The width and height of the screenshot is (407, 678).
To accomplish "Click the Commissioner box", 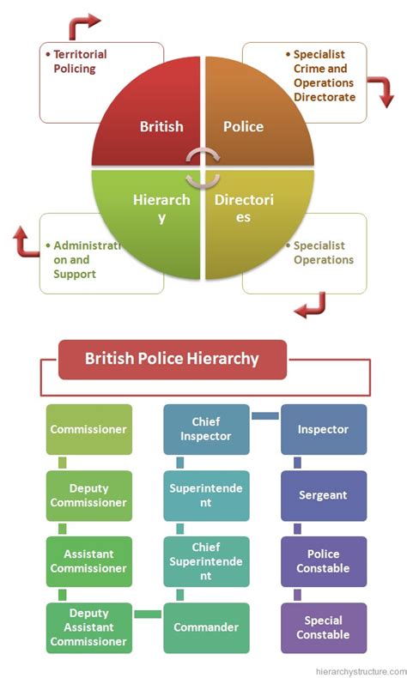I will [89, 429].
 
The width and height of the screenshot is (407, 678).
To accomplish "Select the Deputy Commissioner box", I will [89, 495].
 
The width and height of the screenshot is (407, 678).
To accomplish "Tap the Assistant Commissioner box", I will [89, 561].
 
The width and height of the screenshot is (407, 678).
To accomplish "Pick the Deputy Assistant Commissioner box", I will [89, 627].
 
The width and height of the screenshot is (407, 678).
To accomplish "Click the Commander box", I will [206, 627].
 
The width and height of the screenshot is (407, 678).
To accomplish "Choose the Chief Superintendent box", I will [206, 561].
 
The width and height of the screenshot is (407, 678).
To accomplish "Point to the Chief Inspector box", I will [206, 429].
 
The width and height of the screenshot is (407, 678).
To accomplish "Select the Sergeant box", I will [323, 495].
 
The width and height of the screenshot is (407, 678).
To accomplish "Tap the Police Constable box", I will [323, 561].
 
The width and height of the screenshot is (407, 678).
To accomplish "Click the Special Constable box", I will [323, 627].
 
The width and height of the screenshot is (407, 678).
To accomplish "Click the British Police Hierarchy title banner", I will [172, 359].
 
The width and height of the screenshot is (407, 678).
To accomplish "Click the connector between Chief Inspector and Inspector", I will [265, 416].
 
